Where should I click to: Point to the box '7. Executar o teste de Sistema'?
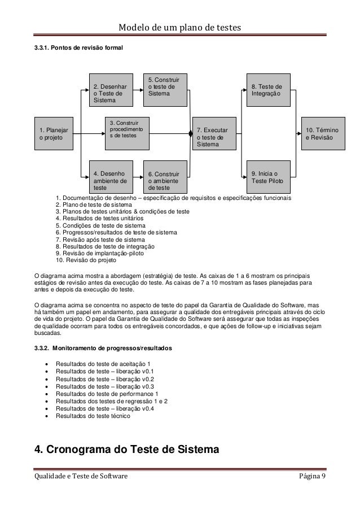(214, 134)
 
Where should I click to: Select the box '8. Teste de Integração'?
(268, 90)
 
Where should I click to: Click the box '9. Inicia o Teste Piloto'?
(268, 177)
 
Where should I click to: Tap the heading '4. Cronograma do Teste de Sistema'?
(126, 450)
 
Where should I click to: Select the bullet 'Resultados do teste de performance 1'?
(108, 393)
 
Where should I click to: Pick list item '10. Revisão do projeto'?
(86, 261)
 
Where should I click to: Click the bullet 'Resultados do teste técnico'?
(93, 416)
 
